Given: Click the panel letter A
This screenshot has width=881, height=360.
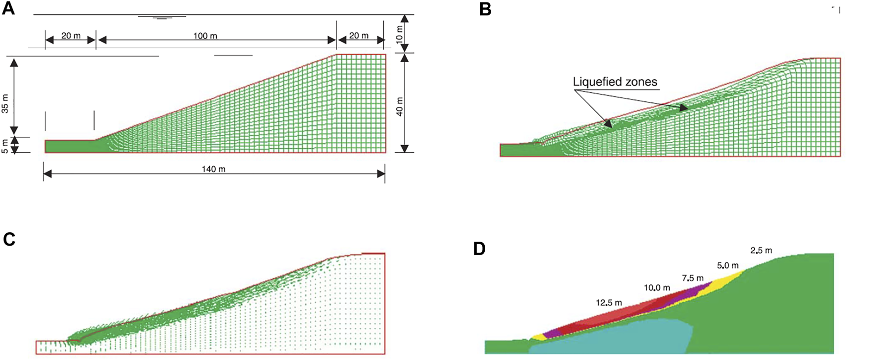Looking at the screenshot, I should pyautogui.click(x=8, y=8).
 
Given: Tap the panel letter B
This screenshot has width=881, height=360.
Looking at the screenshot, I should pyautogui.click(x=485, y=9).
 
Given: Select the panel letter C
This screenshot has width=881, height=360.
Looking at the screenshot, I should pyautogui.click(x=9, y=240).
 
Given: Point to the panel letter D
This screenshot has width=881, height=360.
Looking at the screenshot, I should pyautogui.click(x=479, y=248).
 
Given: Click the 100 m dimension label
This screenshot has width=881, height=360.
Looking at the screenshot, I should pyautogui.click(x=205, y=36).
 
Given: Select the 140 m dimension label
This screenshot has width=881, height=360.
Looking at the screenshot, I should pyautogui.click(x=213, y=170).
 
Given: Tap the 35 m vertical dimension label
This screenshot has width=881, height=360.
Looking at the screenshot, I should pyautogui.click(x=5, y=103).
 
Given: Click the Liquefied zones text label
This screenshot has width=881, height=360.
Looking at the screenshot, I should pyautogui.click(x=615, y=82).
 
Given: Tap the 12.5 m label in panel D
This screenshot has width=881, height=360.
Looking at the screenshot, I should pyautogui.click(x=609, y=302).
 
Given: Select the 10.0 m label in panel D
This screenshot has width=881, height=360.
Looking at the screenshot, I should pyautogui.click(x=657, y=288).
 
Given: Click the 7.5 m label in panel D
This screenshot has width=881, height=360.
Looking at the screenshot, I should pyautogui.click(x=693, y=278).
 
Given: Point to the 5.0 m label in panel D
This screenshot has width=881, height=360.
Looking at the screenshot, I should pyautogui.click(x=727, y=266).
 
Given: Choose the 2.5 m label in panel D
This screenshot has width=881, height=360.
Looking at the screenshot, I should pyautogui.click(x=761, y=250).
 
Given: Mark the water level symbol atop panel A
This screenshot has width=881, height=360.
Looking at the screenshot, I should pyautogui.click(x=162, y=17).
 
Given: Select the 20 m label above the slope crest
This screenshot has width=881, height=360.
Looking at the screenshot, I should pyautogui.click(x=358, y=36).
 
